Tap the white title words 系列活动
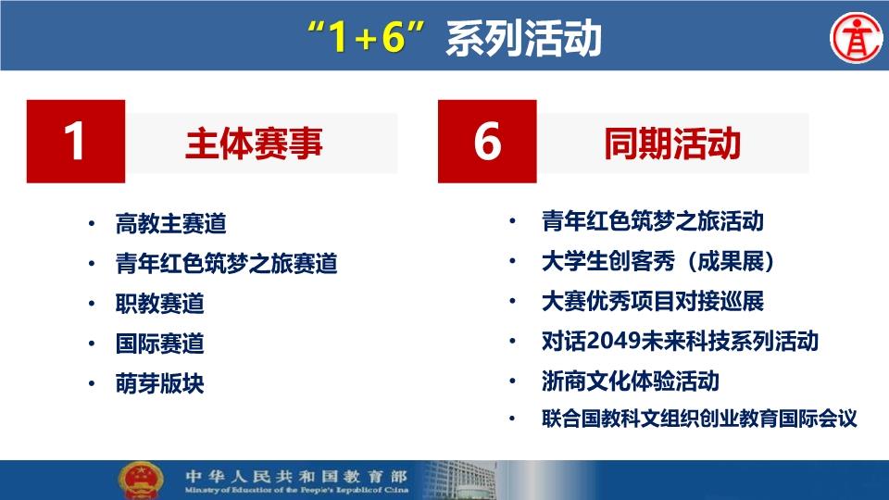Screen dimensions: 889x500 pyautogui.click(x=523, y=38)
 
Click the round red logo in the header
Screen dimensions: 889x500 pyautogui.click(x=856, y=38)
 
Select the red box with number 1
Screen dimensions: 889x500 pyautogui.click(x=76, y=141)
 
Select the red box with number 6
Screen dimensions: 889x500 pyautogui.click(x=487, y=141)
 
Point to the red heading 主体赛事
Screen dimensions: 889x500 pyautogui.click(x=254, y=143)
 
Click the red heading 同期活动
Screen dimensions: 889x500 pyautogui.click(x=672, y=143)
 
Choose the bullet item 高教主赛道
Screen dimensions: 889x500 pyautogui.click(x=170, y=223)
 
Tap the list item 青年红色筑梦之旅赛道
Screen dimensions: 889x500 pyautogui.click(x=226, y=264)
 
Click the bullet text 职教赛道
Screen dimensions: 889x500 pyautogui.click(x=159, y=304)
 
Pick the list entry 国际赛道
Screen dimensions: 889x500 pyautogui.click(x=159, y=344)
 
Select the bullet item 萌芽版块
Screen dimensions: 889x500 pyautogui.click(x=159, y=383)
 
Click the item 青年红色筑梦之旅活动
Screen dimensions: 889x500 pyautogui.click(x=653, y=221)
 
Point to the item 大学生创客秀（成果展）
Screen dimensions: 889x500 pyautogui.click(x=658, y=261)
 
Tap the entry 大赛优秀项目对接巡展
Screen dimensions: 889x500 pyautogui.click(x=653, y=301)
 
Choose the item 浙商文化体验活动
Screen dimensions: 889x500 pyautogui.click(x=631, y=381)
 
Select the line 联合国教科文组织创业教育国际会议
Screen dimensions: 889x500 pyautogui.click(x=699, y=419)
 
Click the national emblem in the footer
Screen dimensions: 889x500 pyautogui.click(x=141, y=481)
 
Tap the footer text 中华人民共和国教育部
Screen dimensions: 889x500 pyautogui.click(x=296, y=476)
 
